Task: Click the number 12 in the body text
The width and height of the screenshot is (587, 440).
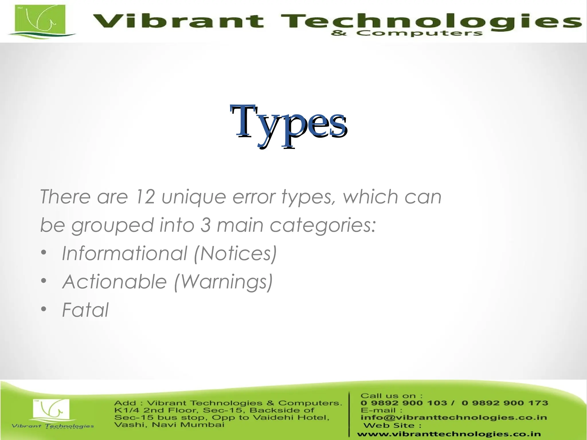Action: tap(145, 197)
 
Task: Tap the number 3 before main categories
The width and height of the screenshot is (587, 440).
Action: tap(205, 225)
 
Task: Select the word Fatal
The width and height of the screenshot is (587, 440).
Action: tap(85, 310)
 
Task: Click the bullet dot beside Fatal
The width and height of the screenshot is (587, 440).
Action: tap(44, 309)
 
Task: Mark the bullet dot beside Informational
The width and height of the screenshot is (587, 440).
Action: tap(44, 253)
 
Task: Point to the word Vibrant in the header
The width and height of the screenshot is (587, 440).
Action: tap(178, 21)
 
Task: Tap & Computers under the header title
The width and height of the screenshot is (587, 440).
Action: tap(406, 33)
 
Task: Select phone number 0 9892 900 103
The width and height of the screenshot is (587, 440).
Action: tap(404, 403)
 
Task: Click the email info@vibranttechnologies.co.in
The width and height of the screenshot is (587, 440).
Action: tap(454, 417)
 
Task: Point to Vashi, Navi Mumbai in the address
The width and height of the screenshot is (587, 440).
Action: tap(169, 425)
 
